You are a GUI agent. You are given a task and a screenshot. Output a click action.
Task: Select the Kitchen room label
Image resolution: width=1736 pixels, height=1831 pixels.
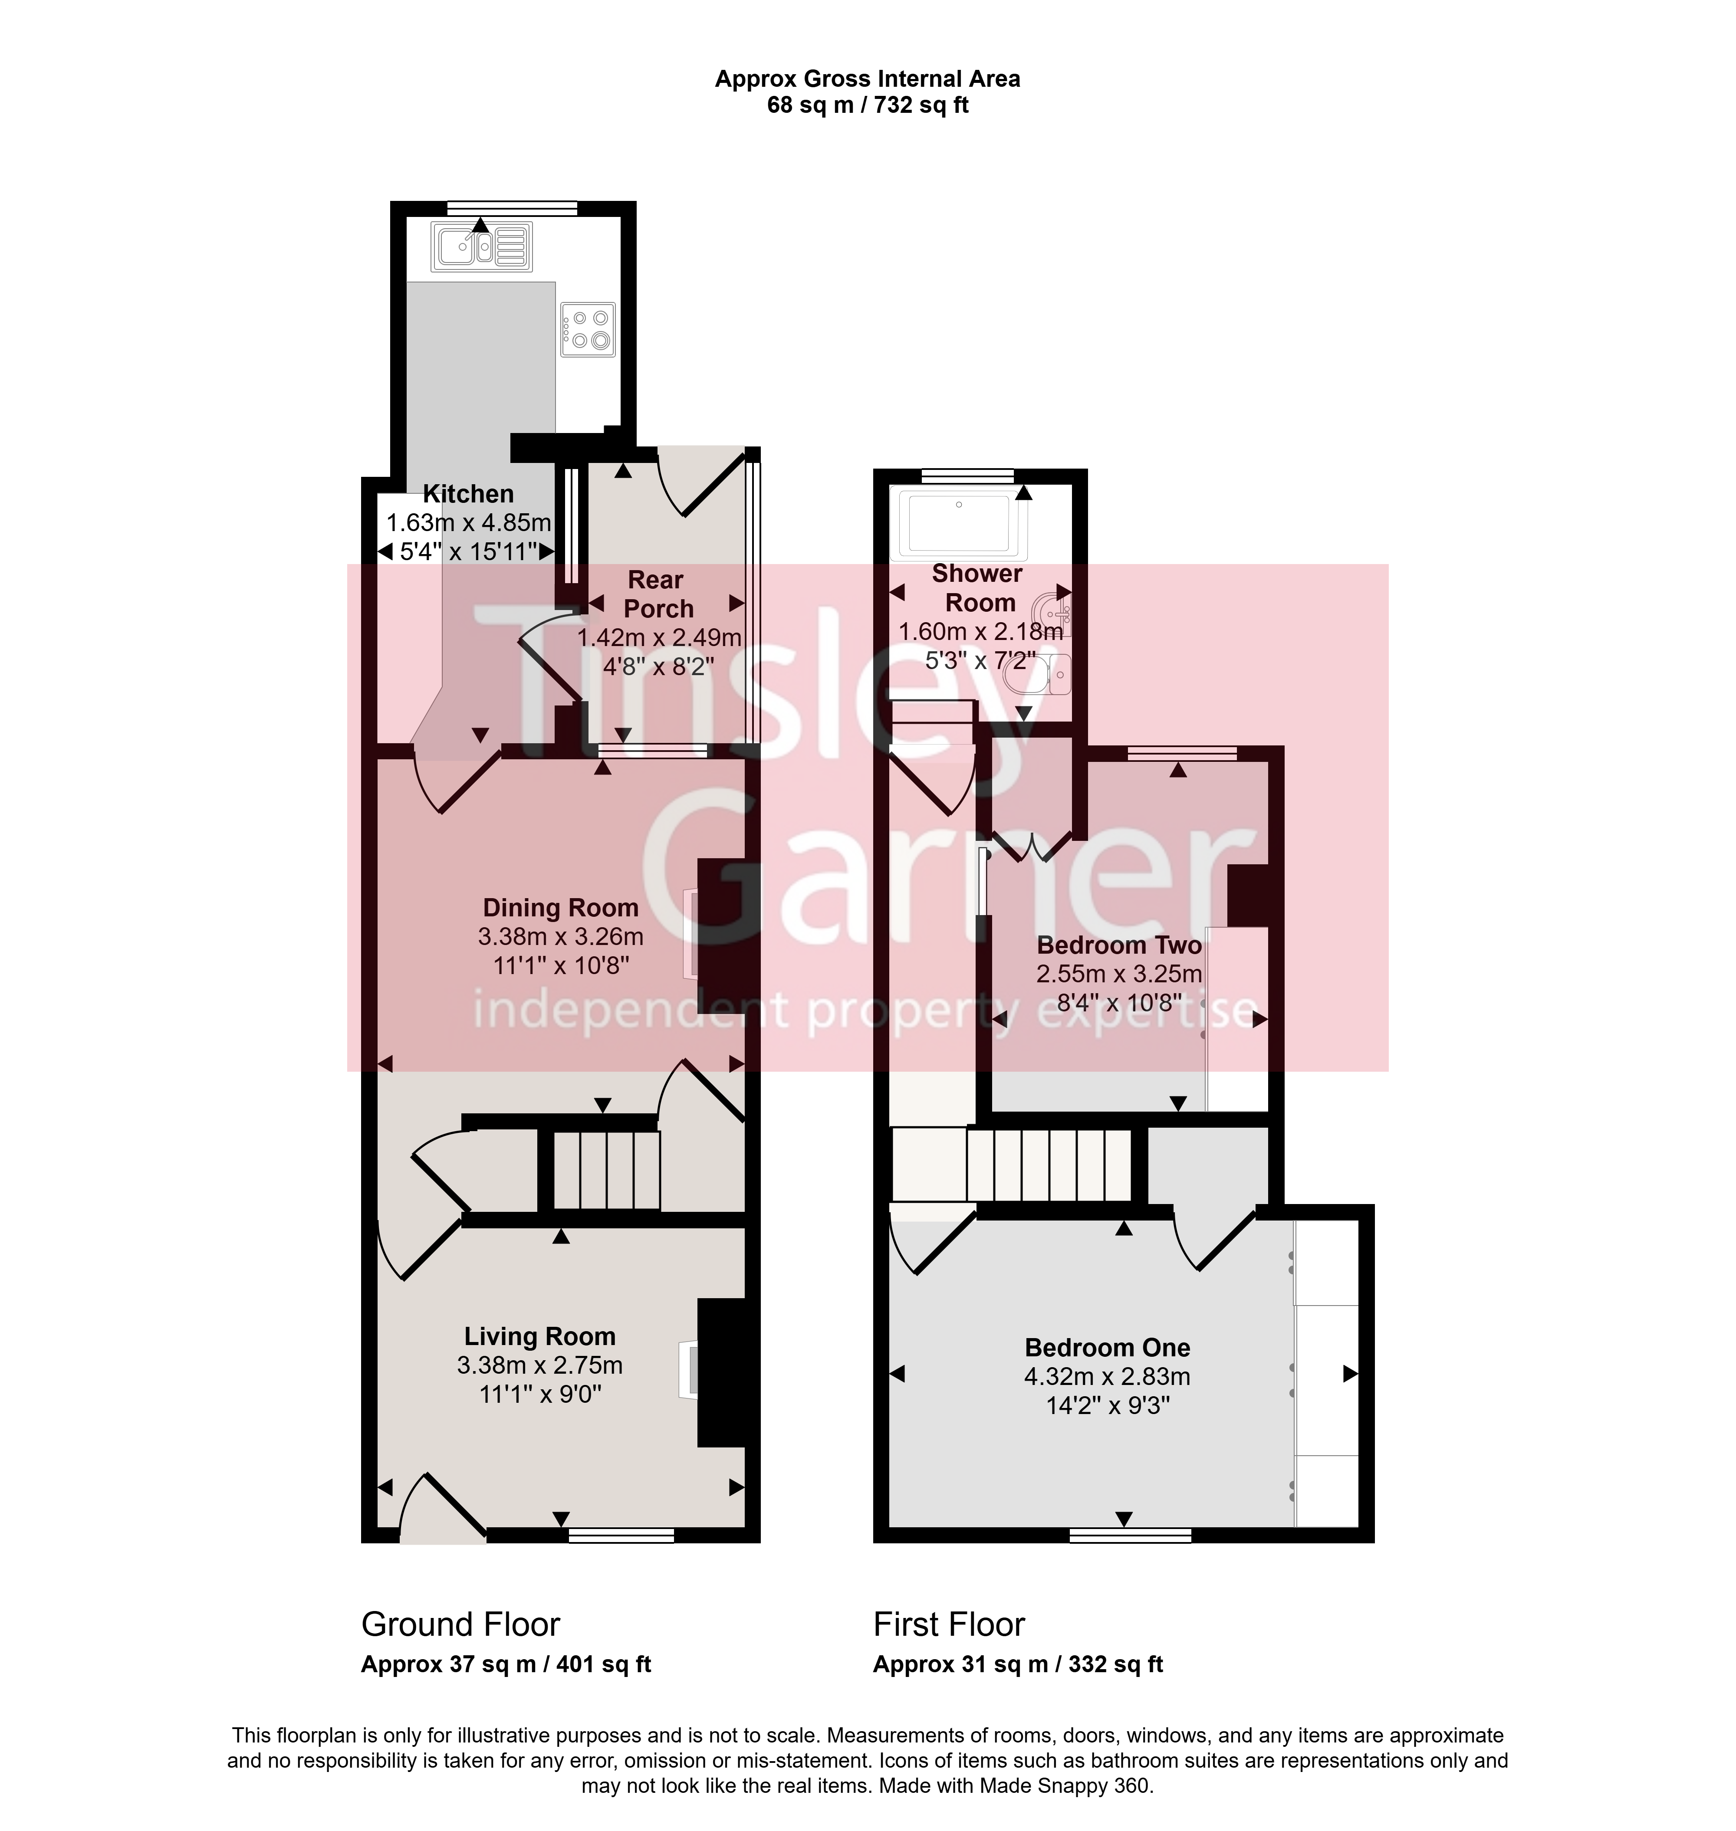[x=468, y=494]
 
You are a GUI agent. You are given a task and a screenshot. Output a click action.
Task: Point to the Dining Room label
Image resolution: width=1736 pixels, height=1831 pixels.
[x=561, y=908]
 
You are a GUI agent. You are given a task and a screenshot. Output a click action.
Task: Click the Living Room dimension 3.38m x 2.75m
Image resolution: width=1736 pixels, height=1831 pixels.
[x=539, y=1365]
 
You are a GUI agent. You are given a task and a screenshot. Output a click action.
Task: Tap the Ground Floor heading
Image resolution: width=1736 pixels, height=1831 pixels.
[x=461, y=1624]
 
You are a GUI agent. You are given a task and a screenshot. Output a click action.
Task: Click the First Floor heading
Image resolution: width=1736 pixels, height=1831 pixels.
[x=950, y=1624]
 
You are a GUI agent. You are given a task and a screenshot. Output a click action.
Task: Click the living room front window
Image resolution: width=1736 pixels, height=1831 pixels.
[x=621, y=1536]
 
